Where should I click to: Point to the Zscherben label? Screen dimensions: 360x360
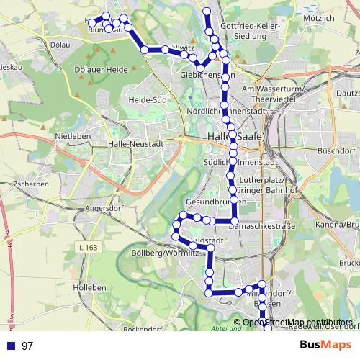tap(30, 184)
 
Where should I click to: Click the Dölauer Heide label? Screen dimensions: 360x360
tap(101, 70)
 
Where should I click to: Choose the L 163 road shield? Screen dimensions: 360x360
tap(87, 247)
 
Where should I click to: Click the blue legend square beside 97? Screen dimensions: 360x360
tap(10, 346)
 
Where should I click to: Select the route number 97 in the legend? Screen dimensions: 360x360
tap(28, 346)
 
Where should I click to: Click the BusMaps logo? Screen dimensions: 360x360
tap(325, 345)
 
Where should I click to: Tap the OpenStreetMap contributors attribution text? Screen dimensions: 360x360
tap(297, 322)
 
